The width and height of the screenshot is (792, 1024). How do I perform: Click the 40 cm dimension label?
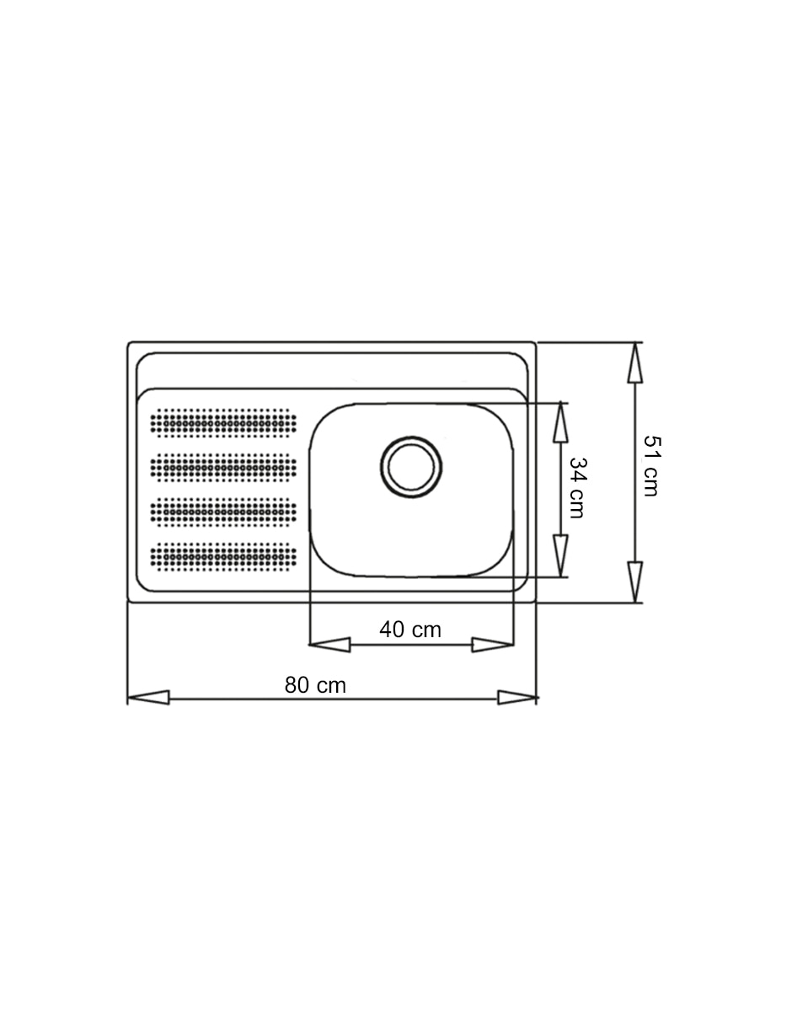410,630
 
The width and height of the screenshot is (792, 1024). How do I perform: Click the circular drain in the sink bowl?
411,467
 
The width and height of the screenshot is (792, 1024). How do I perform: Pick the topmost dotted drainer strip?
223,423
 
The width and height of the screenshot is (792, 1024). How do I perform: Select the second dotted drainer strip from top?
223,468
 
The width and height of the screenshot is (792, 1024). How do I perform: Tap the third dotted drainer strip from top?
223,512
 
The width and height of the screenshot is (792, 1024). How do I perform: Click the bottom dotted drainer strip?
223,556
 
